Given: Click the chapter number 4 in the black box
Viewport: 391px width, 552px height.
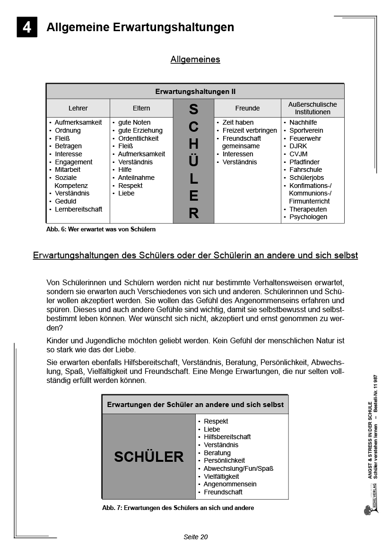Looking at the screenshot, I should pyautogui.click(x=27, y=27).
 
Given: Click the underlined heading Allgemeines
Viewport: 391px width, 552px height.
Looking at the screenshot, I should pyautogui.click(x=195, y=59).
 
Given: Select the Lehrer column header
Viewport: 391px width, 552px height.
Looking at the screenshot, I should pyautogui.click(x=78, y=108).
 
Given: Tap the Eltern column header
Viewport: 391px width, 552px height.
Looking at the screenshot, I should pyautogui.click(x=141, y=108).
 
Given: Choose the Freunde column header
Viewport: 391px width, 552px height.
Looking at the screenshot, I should pyautogui.click(x=247, y=108).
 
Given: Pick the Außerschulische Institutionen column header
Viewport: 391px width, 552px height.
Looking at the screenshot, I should pyautogui.click(x=313, y=108).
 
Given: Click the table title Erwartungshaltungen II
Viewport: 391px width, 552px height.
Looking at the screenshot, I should pyautogui.click(x=195, y=92).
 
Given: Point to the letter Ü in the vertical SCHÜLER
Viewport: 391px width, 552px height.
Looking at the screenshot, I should pyautogui.click(x=194, y=161).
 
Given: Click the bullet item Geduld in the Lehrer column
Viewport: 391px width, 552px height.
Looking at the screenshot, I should pyautogui.click(x=65, y=201).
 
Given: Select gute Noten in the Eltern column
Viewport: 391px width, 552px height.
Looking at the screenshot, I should pyautogui.click(x=134, y=122).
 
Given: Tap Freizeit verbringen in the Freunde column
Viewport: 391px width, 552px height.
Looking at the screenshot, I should pyautogui.click(x=250, y=130).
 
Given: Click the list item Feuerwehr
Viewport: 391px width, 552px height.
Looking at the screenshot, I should pyautogui.click(x=305, y=138).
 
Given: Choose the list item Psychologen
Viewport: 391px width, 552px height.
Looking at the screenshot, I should pyautogui.click(x=308, y=217).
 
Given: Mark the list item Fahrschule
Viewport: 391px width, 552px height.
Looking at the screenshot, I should pyautogui.click(x=305, y=170).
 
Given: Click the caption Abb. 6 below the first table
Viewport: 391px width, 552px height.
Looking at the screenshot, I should pyautogui.click(x=101, y=229).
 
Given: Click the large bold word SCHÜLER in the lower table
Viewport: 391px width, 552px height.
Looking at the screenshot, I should pyautogui.click(x=149, y=457).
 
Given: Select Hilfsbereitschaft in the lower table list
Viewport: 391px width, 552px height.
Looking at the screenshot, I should pyautogui.click(x=227, y=437).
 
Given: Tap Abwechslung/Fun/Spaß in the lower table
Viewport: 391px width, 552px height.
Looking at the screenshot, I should pyautogui.click(x=238, y=468).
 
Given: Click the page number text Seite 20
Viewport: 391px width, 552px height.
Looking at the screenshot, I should pyautogui.click(x=196, y=537).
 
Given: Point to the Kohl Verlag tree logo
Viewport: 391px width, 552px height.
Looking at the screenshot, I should pyautogui.click(x=367, y=510).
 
